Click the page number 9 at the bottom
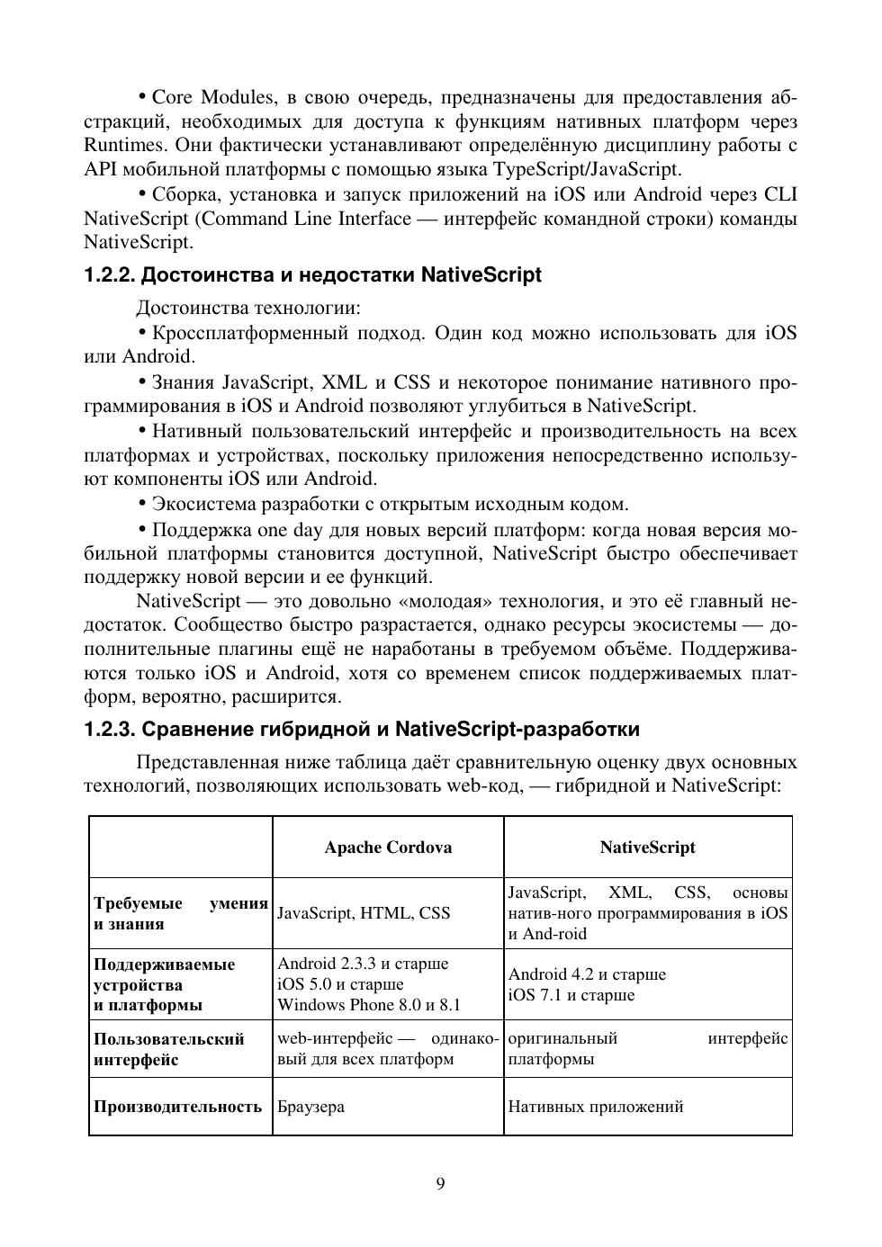pyautogui.click(x=440, y=1184)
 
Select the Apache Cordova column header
pyautogui.click(x=388, y=848)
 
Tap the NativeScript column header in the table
pyautogui.click(x=647, y=848)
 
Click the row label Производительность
pyautogui.click(x=177, y=1107)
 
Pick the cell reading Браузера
pyautogui.click(x=310, y=1107)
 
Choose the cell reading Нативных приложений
pyautogui.click(x=595, y=1107)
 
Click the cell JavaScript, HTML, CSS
pyautogui.click(x=364, y=913)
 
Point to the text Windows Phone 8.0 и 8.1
pyautogui.click(x=368, y=1005)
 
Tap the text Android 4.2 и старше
pyautogui.click(x=587, y=974)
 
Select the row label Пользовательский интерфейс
pyautogui.click(x=168, y=1049)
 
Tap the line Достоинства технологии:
pyautogui.click(x=247, y=309)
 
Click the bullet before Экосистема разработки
pyautogui.click(x=142, y=504)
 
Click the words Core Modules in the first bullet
pyautogui.click(x=212, y=97)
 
